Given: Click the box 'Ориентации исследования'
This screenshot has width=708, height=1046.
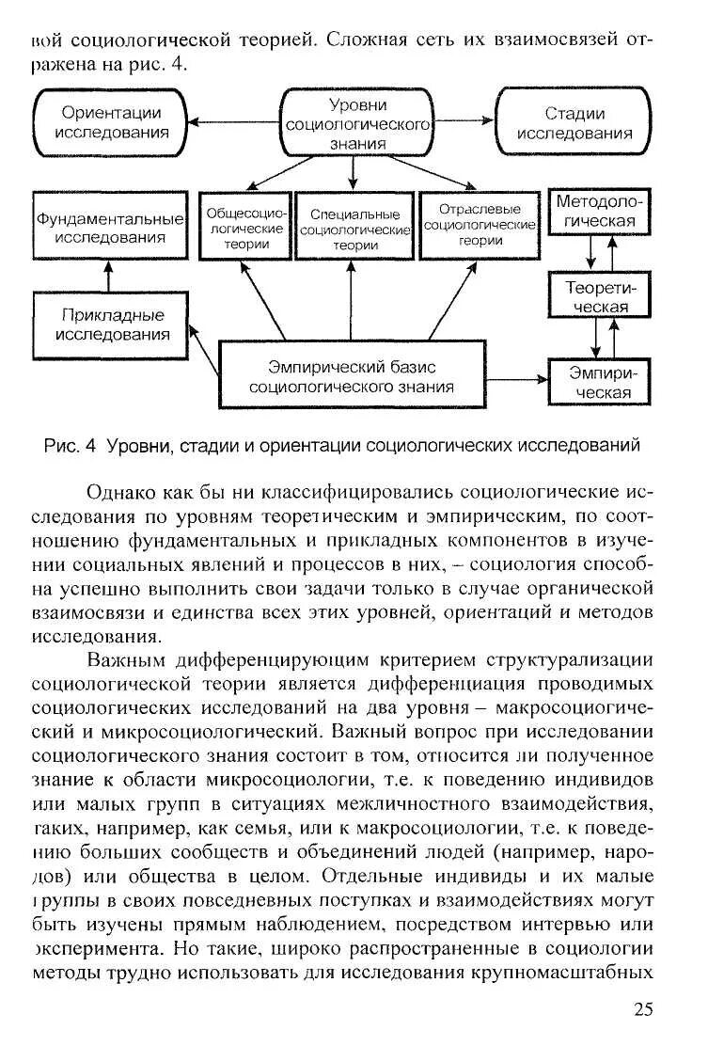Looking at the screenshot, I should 112,122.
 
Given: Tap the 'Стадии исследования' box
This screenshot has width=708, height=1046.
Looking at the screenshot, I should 574,123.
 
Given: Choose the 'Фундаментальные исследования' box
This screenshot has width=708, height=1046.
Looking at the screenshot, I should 109,227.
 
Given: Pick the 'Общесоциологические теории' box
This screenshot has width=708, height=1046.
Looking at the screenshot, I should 244,227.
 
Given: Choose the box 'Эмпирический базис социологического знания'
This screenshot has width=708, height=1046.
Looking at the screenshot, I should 353,375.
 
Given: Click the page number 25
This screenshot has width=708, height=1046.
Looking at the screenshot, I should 642,1008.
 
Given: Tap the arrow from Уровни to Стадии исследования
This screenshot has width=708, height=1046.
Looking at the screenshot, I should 464,121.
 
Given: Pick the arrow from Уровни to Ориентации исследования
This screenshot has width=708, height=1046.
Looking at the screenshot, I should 236,121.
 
